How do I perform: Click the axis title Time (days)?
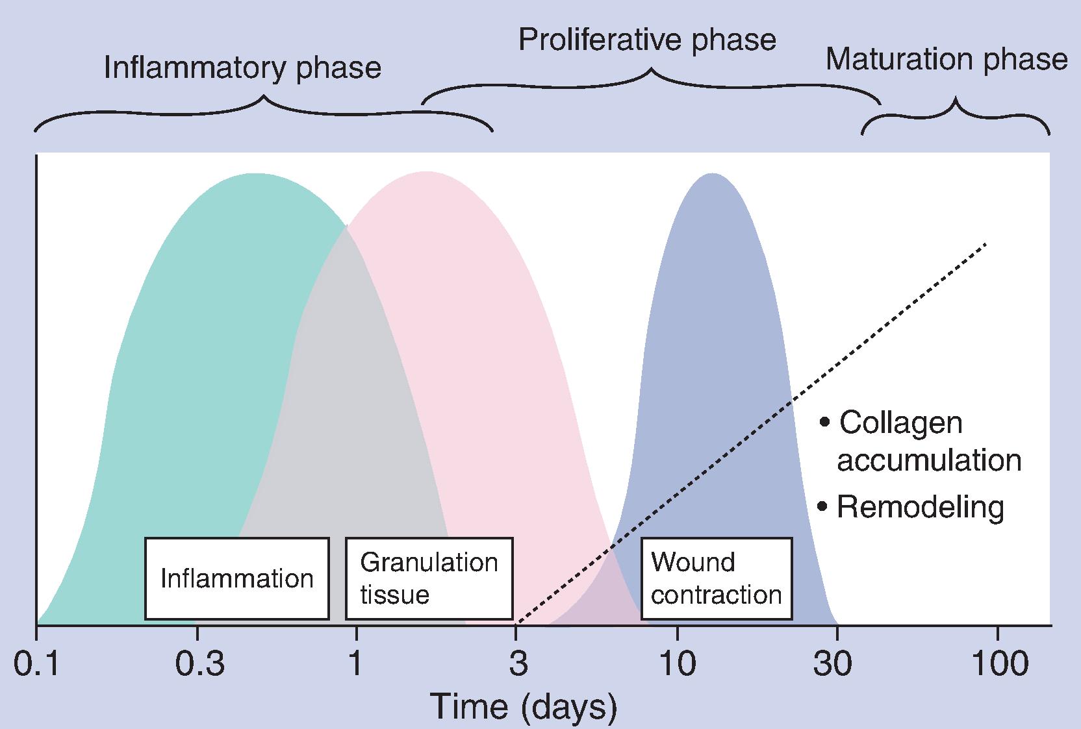tap(524, 707)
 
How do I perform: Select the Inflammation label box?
tap(236, 578)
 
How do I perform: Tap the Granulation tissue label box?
tap(429, 578)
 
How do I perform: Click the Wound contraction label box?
tap(716, 578)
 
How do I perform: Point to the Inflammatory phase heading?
tap(242, 68)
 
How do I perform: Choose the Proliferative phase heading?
tap(647, 40)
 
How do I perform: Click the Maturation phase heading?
tap(947, 60)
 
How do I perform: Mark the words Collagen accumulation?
tap(922, 441)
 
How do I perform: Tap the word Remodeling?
tap(921, 507)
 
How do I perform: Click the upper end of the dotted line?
tap(986, 244)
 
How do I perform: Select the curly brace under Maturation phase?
tap(956, 117)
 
